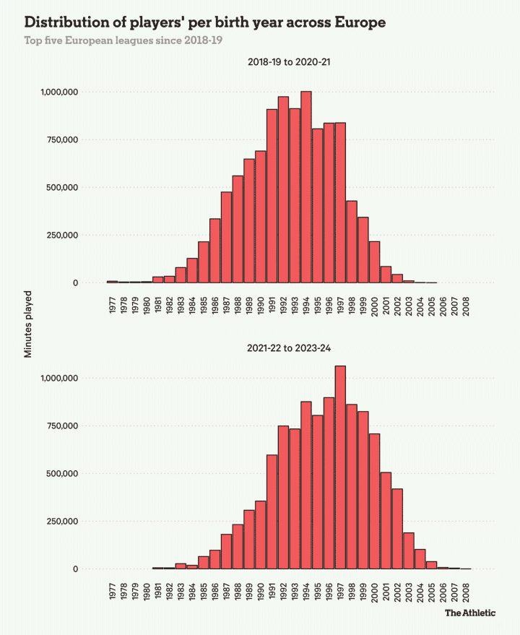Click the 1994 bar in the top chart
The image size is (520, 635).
[x=306, y=187]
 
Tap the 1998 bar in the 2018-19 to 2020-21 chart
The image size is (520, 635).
[x=352, y=242]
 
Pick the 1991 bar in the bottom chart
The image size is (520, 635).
[x=272, y=512]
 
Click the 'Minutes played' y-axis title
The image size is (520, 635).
[x=29, y=325]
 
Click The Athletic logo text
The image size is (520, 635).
[x=469, y=613]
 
